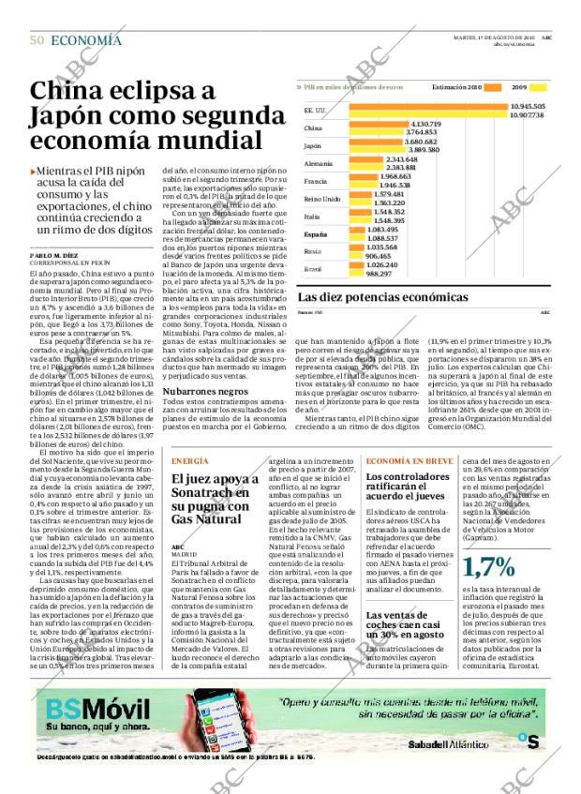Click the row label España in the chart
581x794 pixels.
[316, 233]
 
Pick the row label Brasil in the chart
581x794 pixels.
[313, 269]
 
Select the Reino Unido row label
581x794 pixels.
[321, 199]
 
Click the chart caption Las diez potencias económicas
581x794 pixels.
[382, 297]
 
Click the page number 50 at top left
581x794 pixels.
[37, 39]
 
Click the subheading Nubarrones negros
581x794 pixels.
[205, 390]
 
